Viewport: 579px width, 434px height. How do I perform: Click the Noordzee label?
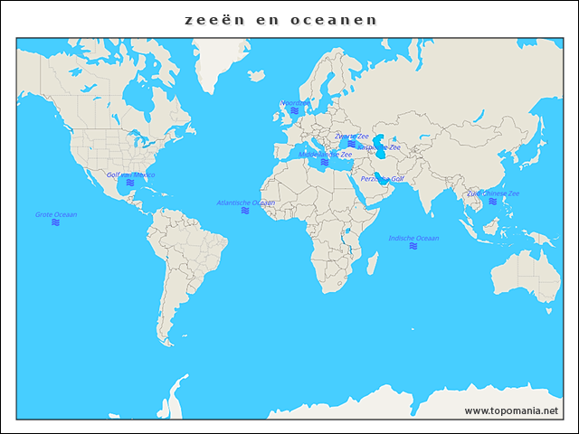coord(293,103)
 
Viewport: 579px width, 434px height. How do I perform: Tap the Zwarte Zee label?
coord(351,136)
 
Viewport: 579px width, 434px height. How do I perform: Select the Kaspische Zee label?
coord(379,146)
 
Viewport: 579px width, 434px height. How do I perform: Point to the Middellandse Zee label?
coord(325,155)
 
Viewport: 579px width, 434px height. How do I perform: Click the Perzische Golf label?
coord(382,179)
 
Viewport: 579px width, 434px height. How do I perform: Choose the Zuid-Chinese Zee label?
coord(493,193)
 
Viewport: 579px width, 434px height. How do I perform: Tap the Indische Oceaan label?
coord(413,238)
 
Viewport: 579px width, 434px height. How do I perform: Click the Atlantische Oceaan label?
coord(245,203)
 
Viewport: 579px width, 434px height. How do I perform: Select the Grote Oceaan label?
coord(56,214)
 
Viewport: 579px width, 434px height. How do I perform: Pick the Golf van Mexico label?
coord(131,175)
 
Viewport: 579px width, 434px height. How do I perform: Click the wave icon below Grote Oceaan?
coord(56,222)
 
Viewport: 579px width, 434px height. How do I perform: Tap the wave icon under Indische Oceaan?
coord(413,246)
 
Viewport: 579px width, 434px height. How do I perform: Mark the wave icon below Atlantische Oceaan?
coord(245,211)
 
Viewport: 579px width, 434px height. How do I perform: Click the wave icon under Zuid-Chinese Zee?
coord(493,202)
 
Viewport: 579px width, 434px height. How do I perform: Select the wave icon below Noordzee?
coord(294,111)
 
